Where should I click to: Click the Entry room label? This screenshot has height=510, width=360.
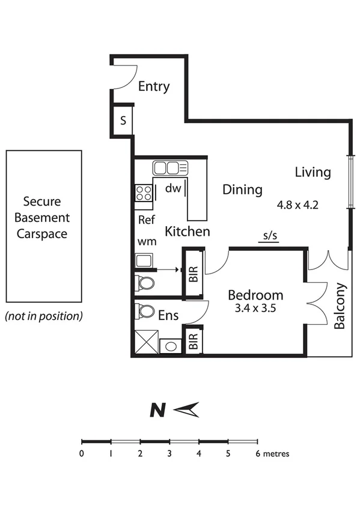coord(154,87)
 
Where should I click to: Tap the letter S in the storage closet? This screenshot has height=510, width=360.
coord(123,120)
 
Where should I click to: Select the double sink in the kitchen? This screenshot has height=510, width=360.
coord(170,167)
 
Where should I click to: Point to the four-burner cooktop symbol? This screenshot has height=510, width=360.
coord(144,192)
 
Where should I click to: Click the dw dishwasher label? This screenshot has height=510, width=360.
coord(173,188)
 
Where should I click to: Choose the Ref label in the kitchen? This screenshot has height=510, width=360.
coord(147,220)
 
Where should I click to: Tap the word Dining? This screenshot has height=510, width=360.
coord(243,190)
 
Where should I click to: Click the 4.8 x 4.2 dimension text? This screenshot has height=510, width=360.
coord(297,204)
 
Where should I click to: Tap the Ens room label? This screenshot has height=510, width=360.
coord(168,315)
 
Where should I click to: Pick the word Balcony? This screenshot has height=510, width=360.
coord(340,306)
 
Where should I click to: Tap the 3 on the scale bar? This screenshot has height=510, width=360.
coord(169,454)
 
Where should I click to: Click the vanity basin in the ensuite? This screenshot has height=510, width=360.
coord(171,346)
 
